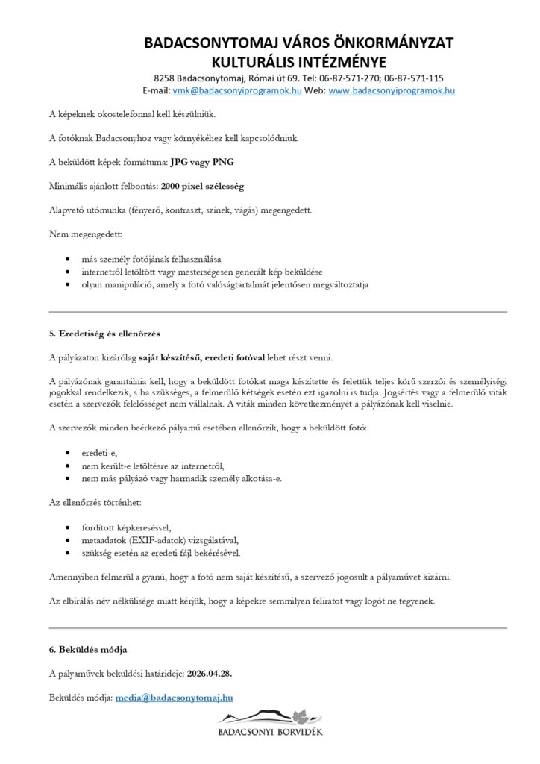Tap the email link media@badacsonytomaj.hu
click(x=175, y=698)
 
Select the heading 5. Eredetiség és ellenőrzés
click(x=104, y=333)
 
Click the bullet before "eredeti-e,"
click(x=69, y=453)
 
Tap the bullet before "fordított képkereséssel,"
click(x=69, y=527)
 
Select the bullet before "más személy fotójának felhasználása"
click(x=69, y=258)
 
